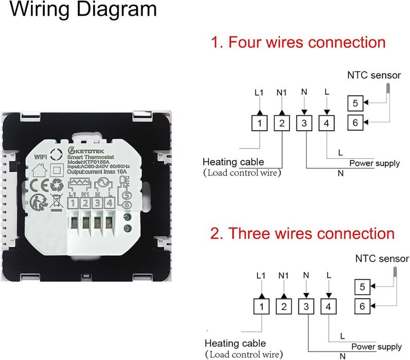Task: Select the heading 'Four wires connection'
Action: click(x=298, y=42)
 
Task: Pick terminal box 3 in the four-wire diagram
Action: click(x=305, y=124)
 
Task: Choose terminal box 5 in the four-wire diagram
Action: click(x=355, y=103)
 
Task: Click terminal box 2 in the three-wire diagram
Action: click(x=282, y=307)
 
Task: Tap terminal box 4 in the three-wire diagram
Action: click(x=327, y=307)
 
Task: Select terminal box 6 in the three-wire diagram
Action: click(x=362, y=306)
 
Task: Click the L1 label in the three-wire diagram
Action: click(x=260, y=276)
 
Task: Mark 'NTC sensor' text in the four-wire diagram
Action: click(x=374, y=76)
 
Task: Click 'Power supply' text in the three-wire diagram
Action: click(x=376, y=347)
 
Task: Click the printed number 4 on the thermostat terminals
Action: click(x=109, y=203)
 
